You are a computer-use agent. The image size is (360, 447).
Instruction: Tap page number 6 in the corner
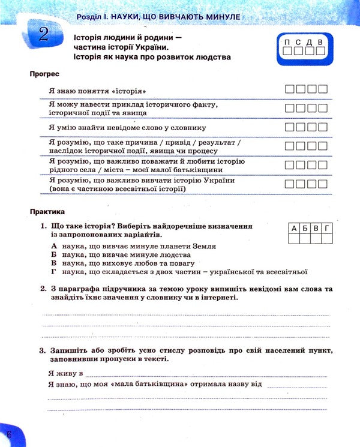[8, 434]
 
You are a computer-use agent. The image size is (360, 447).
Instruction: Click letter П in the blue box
[288, 41]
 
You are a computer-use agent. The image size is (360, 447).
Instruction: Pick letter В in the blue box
[320, 41]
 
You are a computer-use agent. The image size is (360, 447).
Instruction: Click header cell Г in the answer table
[326, 228]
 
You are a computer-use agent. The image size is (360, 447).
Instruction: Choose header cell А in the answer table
[294, 228]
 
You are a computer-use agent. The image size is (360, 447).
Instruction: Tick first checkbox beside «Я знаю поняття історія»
[290, 89]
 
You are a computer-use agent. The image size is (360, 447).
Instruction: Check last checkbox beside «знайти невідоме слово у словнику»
[323, 127]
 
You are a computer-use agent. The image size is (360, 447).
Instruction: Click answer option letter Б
[54, 255]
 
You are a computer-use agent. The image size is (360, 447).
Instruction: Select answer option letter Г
[54, 272]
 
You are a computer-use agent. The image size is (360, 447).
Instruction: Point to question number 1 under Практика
[43, 226]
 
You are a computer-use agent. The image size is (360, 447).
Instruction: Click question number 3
[43, 350]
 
